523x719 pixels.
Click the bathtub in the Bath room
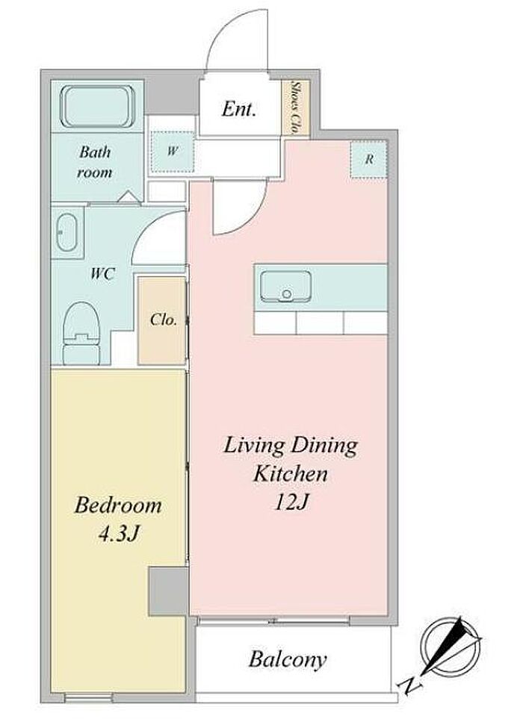click(97, 106)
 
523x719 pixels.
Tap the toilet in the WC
click(81, 333)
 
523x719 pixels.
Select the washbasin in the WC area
click(66, 232)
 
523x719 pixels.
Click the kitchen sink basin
click(285, 287)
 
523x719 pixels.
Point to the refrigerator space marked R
click(369, 160)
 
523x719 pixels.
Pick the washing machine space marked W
click(172, 152)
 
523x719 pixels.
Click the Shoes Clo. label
click(295, 108)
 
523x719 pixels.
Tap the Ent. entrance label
click(238, 109)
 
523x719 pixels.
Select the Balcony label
click(288, 660)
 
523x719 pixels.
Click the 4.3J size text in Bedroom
click(118, 534)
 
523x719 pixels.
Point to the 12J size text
click(291, 502)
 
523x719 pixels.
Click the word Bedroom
click(118, 505)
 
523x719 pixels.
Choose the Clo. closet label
click(164, 320)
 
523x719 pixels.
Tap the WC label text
click(102, 274)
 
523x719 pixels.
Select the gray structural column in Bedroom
click(168, 591)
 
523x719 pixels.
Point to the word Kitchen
click(291, 473)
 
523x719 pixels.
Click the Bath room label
click(94, 162)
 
